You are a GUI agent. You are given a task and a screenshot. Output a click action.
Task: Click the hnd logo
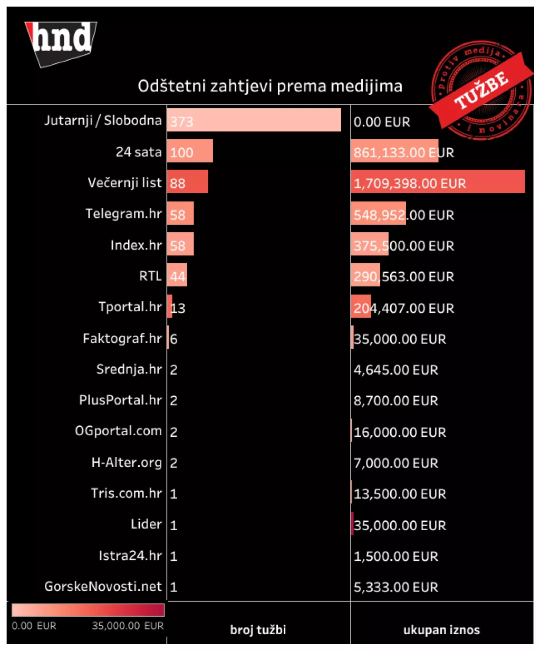[61, 42]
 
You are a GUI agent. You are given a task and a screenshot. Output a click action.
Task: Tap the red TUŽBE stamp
[481, 90]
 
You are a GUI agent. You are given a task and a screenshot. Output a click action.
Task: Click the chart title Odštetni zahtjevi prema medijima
[270, 86]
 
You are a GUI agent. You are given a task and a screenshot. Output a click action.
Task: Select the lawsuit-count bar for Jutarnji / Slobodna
[254, 120]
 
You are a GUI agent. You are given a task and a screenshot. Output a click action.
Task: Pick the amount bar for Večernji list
[438, 182]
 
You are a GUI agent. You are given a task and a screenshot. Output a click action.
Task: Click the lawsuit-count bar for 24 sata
[190, 151]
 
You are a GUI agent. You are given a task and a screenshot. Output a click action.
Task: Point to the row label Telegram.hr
[123, 214]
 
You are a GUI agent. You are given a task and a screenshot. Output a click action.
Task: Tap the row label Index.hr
[136, 245]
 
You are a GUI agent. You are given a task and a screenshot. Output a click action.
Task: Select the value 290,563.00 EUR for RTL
[403, 276]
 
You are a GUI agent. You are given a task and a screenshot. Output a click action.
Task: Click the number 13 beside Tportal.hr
[178, 308]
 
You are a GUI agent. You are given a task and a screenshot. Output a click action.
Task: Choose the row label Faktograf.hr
[122, 338]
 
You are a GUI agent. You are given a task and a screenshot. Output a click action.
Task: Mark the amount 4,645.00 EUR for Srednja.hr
[396, 370]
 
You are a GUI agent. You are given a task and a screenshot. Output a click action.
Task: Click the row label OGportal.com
[118, 431]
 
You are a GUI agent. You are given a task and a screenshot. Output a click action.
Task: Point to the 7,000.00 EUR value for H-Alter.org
[396, 463]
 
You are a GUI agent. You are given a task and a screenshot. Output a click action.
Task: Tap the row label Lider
[146, 524]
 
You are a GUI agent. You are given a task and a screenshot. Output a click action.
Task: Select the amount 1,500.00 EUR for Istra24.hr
[396, 556]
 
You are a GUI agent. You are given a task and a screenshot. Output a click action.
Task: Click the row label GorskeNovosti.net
[103, 586]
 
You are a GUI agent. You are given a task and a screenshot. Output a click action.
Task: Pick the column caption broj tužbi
[258, 630]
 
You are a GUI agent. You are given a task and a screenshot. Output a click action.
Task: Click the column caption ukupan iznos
[441, 630]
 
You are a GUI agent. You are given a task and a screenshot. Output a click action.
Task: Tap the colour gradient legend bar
[88, 610]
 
